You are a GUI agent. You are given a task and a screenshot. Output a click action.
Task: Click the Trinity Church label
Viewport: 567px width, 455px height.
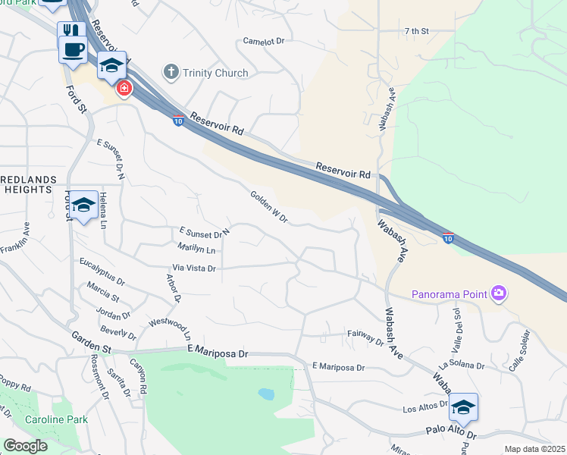tap(215, 73)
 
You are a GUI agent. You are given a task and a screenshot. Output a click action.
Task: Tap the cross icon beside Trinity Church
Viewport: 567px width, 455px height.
tap(170, 73)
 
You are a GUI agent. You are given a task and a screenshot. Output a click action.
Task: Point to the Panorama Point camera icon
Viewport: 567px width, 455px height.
tap(498, 293)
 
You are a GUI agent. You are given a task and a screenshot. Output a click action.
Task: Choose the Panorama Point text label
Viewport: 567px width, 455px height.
tap(450, 293)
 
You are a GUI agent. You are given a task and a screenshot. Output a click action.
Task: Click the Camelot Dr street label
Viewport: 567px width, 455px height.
tap(263, 41)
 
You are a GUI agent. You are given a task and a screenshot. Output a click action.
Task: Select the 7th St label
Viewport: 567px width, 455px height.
tap(416, 31)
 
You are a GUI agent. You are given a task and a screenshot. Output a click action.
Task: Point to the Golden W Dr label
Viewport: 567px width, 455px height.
tap(269, 207)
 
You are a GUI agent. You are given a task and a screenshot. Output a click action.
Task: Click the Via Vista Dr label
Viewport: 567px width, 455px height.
tap(195, 268)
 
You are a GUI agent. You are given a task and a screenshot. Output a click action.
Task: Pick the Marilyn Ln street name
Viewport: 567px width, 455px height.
tap(197, 249)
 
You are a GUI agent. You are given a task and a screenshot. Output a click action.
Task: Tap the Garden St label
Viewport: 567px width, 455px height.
tap(92, 343)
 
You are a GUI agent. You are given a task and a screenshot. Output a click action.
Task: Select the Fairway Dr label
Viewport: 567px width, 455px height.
tap(366, 337)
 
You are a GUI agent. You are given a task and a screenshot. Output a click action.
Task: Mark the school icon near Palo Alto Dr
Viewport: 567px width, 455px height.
tap(462, 407)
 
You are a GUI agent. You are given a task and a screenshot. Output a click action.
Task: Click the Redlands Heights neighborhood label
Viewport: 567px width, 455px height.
tap(30, 184)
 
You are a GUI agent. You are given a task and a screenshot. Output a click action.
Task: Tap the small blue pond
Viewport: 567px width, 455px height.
tap(265, 394)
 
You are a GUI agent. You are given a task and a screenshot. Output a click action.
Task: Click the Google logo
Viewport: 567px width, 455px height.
tap(26, 446)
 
